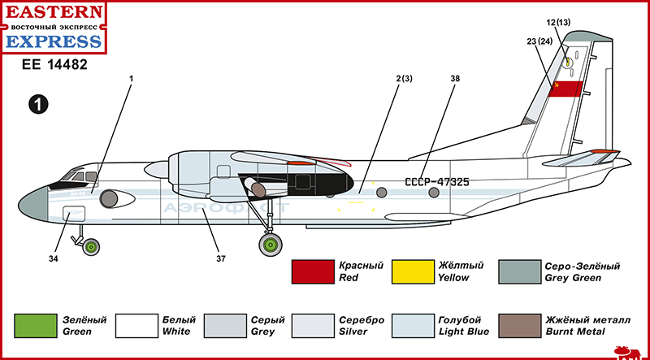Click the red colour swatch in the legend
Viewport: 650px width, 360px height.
pos(313,272)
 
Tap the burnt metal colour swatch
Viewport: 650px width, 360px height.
pos(521,325)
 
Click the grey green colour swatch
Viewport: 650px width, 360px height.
pos(521,272)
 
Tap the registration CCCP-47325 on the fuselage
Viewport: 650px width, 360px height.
pos(437,181)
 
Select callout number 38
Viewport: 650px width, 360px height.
pos(454,79)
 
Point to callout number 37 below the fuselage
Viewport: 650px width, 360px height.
pos(220,259)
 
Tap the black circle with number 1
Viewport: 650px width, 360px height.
pos(38,103)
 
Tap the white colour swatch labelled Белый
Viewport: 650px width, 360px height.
pos(135,325)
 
